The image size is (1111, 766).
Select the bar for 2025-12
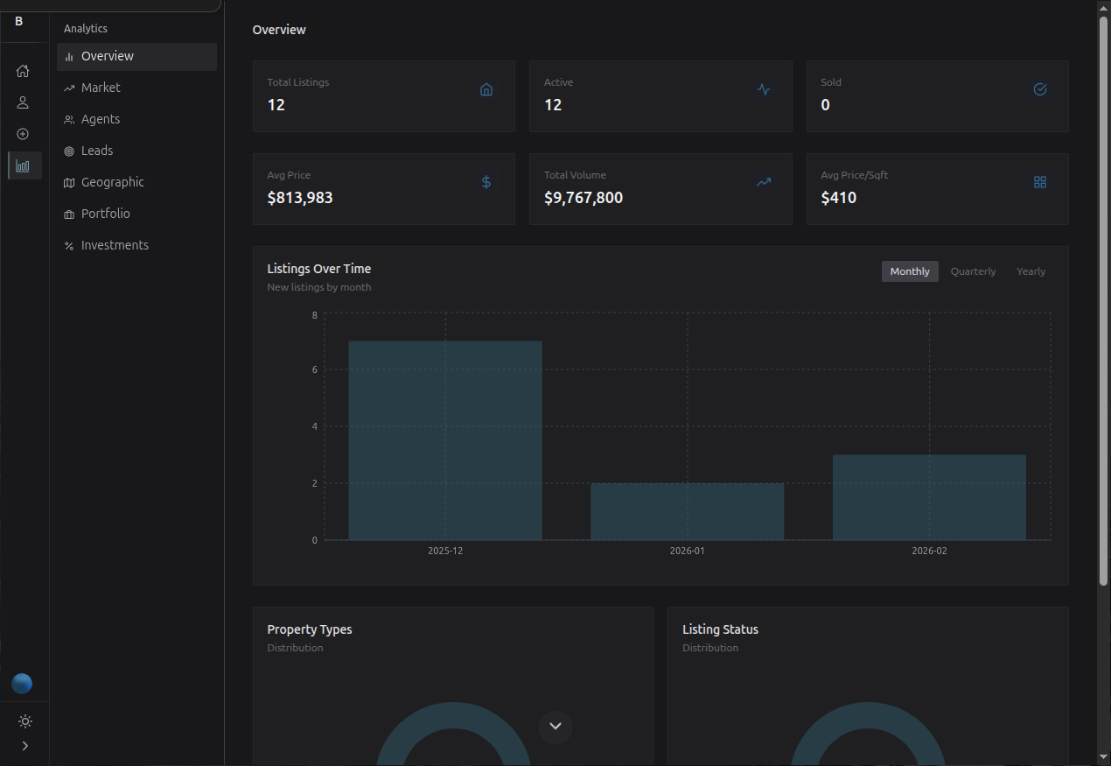pos(445,440)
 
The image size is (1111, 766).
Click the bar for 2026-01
pos(687,511)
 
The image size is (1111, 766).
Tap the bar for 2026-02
pos(929,497)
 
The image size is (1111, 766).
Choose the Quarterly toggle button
pos(973,271)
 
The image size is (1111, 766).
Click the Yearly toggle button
pos(1031,271)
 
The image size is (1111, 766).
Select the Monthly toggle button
pos(910,271)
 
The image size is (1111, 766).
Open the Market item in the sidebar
pos(101,88)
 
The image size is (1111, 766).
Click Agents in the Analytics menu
pos(101,119)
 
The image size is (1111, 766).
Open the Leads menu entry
pos(97,151)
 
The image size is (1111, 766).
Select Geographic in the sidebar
pos(112,182)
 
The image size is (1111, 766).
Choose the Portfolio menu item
pos(105,214)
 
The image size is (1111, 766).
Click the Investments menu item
pos(115,245)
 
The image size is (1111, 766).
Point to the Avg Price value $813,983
pos(300,198)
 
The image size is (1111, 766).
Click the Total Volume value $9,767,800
pos(583,198)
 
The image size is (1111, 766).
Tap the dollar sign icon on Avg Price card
pos(486,182)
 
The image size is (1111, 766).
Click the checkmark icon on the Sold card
pos(1040,89)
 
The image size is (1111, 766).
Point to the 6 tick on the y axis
pos(314,369)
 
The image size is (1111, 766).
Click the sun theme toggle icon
pos(24,721)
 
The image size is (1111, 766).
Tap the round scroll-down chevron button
pos(555,727)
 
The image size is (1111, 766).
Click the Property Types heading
pos(310,629)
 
